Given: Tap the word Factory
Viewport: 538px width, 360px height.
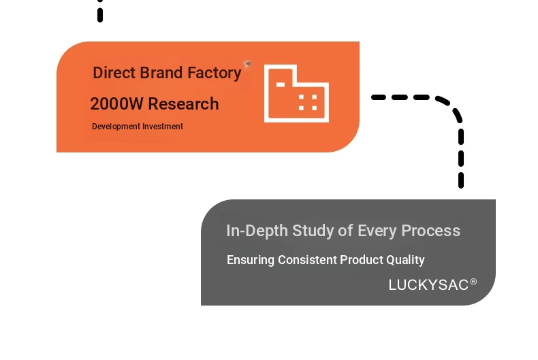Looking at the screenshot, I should pyautogui.click(x=215, y=73).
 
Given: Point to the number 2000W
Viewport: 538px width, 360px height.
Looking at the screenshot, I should pyautogui.click(x=116, y=104).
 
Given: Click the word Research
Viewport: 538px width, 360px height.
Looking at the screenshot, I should pyautogui.click(x=183, y=104).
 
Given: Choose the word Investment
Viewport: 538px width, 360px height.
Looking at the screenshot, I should pyautogui.click(x=163, y=127).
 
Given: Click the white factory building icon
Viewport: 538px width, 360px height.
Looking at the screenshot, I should pyautogui.click(x=296, y=94).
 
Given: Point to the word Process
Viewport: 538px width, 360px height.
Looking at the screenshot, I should pyautogui.click(x=430, y=231).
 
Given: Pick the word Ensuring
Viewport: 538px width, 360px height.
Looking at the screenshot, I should pyautogui.click(x=251, y=261).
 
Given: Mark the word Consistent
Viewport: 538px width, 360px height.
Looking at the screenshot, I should pyautogui.click(x=307, y=260).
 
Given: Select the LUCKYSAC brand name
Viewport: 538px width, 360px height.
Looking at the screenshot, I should pyautogui.click(x=428, y=285).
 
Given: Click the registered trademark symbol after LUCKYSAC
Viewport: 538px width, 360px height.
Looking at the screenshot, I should pyautogui.click(x=473, y=282).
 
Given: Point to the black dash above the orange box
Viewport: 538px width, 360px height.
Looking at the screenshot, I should pyautogui.click(x=100, y=12).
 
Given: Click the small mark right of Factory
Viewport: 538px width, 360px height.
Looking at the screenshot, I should pyautogui.click(x=247, y=64).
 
